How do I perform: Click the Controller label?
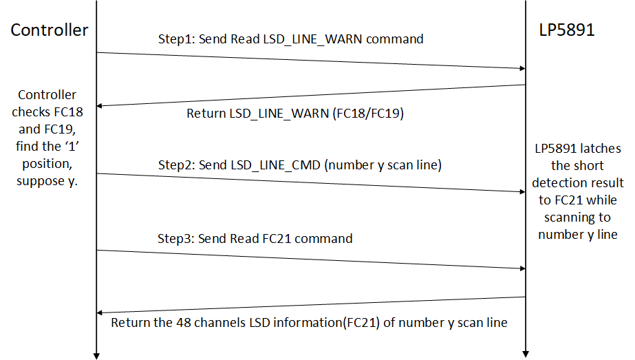[x=50, y=30]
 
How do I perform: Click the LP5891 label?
[x=568, y=30]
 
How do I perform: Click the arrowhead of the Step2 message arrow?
[x=521, y=192]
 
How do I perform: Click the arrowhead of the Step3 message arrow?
[x=521, y=268]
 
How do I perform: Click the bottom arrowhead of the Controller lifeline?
[x=96, y=355]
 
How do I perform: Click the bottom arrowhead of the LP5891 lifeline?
[x=526, y=355]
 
